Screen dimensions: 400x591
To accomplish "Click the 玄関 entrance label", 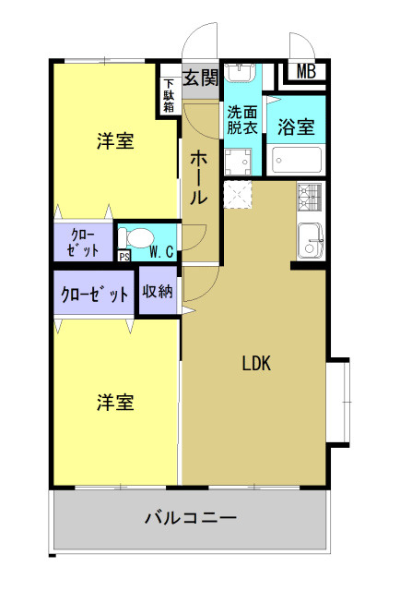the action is point(201,78).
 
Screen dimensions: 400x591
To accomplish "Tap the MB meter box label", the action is point(306,71).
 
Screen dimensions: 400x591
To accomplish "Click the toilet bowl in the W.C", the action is point(136,238).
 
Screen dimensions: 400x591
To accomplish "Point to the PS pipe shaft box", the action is point(124,257).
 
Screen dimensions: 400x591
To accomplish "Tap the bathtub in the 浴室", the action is point(297,160).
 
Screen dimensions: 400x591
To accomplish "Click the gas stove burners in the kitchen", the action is point(310,197).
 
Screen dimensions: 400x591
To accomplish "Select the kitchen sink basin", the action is point(311,241).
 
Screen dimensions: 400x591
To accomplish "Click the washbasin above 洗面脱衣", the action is point(240,72).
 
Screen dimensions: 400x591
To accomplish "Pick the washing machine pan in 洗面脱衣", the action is point(238,163).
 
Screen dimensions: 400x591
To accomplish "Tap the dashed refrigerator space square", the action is point(238,194).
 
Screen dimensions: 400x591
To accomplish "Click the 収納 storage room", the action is point(158,290).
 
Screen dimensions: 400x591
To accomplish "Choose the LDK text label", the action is point(256,363).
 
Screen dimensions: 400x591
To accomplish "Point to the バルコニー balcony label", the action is point(191,517).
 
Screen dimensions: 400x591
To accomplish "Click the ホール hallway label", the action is point(198,177).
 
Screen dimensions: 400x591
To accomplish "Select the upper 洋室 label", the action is point(115,140).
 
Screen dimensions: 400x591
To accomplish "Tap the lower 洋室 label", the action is point(115,402).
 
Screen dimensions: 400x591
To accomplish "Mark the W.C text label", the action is point(162,252).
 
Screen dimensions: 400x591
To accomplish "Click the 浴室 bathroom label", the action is point(296,127).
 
